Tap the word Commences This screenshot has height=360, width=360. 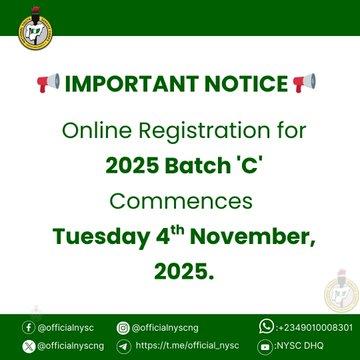click(180, 201)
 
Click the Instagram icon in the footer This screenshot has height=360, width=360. click(122, 327)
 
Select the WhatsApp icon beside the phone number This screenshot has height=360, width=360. click(265, 327)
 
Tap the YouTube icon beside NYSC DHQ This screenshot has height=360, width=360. click(265, 346)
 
